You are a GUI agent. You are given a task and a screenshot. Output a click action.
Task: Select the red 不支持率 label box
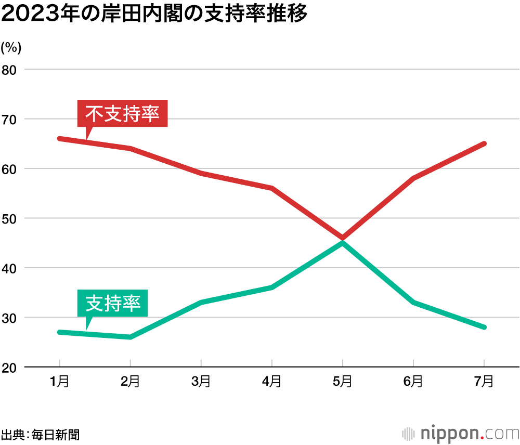122,113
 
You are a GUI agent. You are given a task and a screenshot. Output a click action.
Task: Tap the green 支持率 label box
113,303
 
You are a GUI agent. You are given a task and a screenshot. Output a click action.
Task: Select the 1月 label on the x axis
59,382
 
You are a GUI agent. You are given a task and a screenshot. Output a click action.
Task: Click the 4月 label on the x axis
272,382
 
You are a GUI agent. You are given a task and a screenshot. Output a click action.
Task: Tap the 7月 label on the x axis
484,382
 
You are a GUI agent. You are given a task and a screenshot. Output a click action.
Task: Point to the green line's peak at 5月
342,243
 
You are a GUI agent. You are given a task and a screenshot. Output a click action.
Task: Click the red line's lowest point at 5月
342,238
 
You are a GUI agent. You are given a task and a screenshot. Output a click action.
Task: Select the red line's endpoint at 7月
484,143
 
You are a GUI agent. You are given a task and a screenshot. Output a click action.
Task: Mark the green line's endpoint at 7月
484,327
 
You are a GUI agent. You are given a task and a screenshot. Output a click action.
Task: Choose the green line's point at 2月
130,337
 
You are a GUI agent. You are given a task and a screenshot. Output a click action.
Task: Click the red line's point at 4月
272,188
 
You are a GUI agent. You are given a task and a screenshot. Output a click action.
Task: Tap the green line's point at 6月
413,302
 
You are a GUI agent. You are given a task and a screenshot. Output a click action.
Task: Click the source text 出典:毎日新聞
41,435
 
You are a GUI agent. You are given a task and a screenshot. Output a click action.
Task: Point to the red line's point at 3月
201,173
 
